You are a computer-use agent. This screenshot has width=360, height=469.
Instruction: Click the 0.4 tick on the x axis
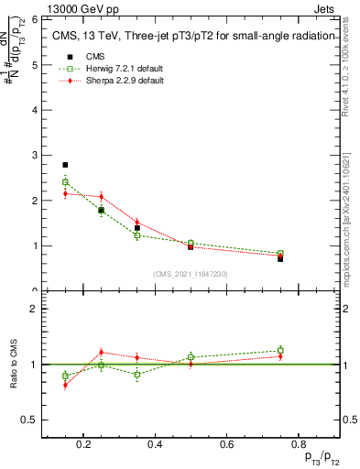tap(155, 445)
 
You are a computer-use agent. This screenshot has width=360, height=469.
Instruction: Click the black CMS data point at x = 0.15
tap(65, 165)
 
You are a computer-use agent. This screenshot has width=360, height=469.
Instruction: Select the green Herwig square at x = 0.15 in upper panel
tap(65, 182)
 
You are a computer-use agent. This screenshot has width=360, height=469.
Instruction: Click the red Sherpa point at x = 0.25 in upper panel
tap(101, 196)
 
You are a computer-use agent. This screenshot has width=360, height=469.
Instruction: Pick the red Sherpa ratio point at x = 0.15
tap(65, 385)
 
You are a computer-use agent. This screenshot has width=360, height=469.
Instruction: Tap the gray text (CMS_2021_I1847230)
tap(191, 274)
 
